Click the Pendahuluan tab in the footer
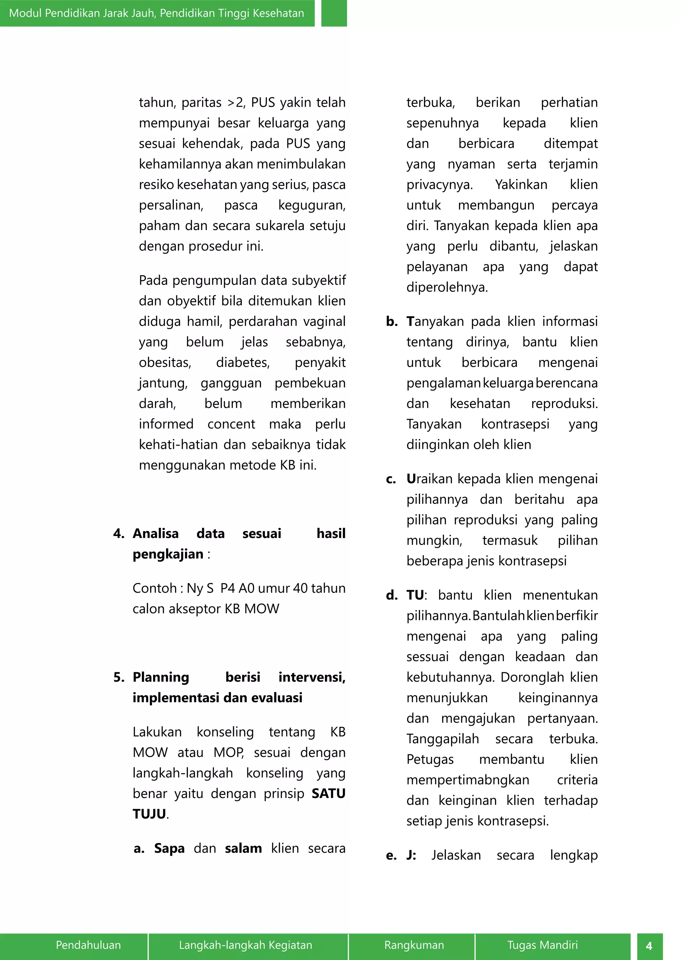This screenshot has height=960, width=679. pos(88,945)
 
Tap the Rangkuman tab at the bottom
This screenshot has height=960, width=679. pos(414,945)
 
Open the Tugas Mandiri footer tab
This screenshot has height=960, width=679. pos(542,945)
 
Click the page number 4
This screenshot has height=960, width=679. pos(649,946)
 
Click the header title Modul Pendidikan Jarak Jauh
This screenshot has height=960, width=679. pos(156,13)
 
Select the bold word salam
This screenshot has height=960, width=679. pos(243,848)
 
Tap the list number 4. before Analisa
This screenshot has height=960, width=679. pos(119,533)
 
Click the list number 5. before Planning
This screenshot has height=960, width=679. pos(119,677)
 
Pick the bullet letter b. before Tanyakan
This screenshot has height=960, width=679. pos(392,321)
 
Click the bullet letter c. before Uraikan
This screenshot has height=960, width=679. pos(391,479)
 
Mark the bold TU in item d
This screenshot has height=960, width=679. pos(415,595)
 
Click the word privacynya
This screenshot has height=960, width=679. pos(439,184)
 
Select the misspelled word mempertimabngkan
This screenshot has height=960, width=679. pos(467,780)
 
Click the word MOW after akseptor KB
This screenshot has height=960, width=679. pos(261,608)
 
